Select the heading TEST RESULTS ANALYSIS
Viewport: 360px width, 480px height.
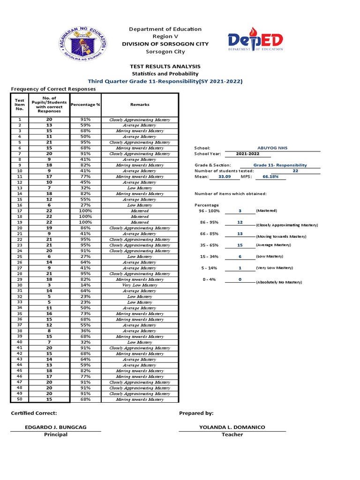point(165,67)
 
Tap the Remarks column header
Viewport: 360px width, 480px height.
point(139,105)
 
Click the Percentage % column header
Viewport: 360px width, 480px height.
point(85,105)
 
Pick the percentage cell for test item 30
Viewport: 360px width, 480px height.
point(85,285)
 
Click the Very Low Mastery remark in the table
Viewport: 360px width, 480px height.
point(139,285)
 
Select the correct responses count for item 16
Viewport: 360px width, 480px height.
point(49,205)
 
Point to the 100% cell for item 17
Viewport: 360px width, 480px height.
point(85,211)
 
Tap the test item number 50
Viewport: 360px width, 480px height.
point(19,399)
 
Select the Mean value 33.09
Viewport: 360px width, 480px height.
point(225,177)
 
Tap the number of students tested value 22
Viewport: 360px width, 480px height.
point(295,171)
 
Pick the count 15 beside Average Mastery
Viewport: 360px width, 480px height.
point(240,245)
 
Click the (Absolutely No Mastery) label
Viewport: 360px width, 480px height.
point(279,283)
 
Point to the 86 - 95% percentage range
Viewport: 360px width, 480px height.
point(209,222)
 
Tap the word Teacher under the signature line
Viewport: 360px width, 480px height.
point(232,435)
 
